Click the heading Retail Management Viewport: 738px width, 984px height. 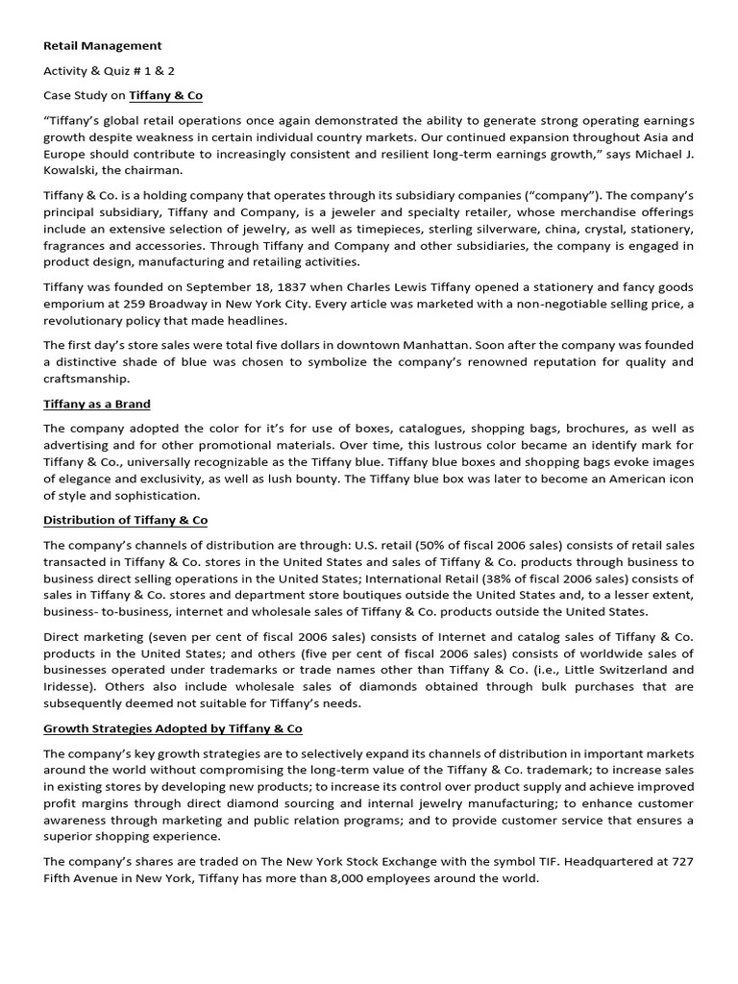[x=103, y=45]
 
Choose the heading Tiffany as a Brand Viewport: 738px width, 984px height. [x=97, y=404]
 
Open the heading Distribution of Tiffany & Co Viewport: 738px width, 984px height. [x=125, y=520]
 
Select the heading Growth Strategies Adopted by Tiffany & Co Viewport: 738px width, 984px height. [x=173, y=728]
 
